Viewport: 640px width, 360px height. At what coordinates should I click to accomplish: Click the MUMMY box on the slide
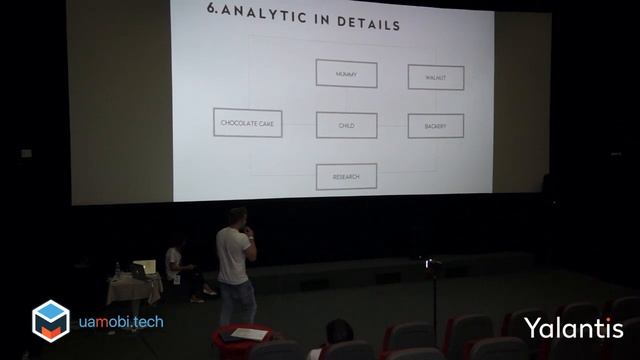click(x=346, y=73)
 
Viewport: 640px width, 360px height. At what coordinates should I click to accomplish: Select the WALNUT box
click(x=435, y=77)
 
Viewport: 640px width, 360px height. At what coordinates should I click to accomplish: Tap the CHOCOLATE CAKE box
click(x=247, y=123)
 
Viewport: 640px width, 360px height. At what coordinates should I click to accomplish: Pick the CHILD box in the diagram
click(x=346, y=125)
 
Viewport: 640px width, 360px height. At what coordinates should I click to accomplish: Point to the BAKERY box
click(x=435, y=126)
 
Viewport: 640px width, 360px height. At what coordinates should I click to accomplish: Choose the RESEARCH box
click(x=346, y=177)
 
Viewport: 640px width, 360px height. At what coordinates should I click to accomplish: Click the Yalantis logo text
click(x=573, y=328)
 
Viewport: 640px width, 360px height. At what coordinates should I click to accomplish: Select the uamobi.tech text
click(x=121, y=322)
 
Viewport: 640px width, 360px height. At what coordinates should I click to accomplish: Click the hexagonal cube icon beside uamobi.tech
click(x=50, y=321)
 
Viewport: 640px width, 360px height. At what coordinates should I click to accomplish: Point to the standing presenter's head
click(x=237, y=216)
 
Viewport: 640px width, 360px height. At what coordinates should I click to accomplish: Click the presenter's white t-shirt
click(x=234, y=255)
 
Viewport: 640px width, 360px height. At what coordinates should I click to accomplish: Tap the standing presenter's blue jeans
click(x=237, y=302)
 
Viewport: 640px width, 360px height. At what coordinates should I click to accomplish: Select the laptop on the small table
click(x=144, y=269)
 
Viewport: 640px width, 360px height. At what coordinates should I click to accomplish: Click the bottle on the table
click(x=117, y=270)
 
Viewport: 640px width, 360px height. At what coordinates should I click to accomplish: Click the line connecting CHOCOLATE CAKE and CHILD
click(x=299, y=124)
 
